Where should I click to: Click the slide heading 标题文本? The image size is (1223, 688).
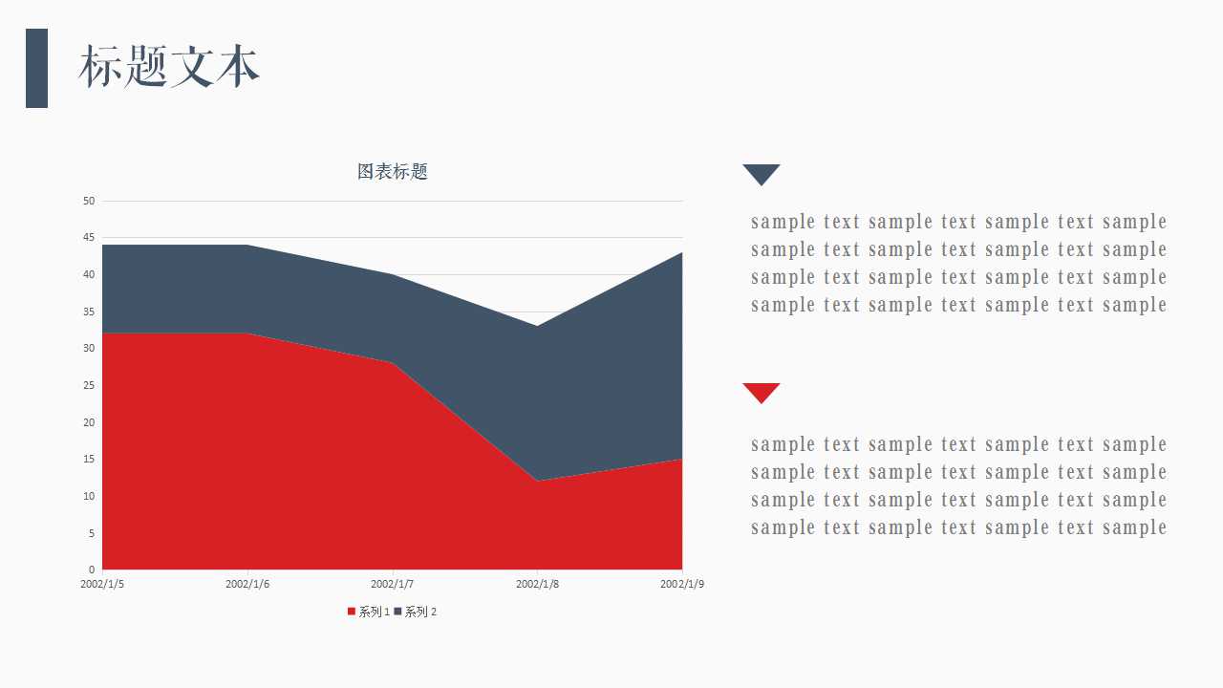169,67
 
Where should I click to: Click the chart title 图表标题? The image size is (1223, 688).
393,171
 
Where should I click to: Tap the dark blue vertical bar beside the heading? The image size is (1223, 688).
36,68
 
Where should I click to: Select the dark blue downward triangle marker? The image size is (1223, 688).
762,175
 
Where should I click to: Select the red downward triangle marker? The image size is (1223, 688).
762,393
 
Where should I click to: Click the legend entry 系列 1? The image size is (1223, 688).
369,612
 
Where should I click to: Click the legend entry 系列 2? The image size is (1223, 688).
416,612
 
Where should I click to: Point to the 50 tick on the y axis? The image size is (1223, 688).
89,201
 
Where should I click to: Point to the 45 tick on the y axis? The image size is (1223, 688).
89,238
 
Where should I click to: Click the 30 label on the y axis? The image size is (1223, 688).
89,349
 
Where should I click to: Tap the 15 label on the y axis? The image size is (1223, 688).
89,460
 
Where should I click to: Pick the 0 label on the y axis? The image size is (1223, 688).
92,570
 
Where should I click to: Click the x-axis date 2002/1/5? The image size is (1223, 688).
102,584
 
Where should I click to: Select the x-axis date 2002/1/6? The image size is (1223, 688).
247,584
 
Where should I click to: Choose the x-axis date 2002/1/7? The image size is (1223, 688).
393,584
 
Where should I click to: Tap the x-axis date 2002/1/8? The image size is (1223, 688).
538,584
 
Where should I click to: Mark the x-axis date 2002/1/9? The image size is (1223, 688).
682,584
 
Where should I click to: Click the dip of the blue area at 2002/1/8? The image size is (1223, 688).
537,327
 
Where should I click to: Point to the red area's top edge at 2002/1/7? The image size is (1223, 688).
393,362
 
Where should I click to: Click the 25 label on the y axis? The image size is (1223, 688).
89,385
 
